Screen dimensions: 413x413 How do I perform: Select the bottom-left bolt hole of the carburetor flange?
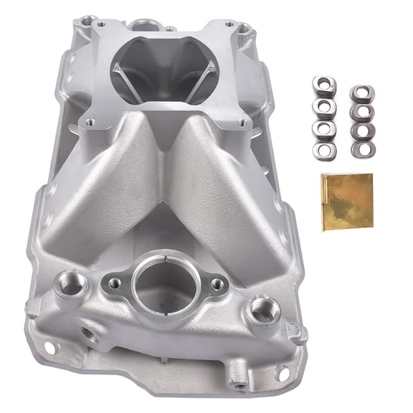(88, 123)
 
